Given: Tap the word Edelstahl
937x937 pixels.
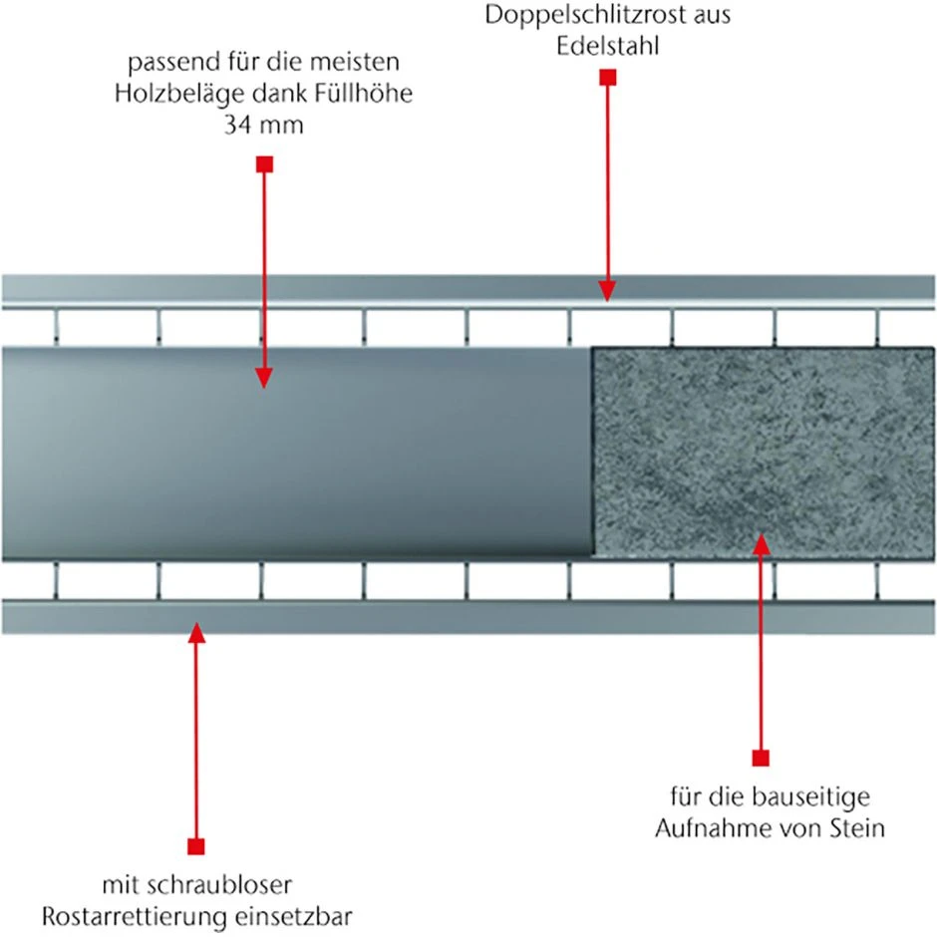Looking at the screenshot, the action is point(608,46).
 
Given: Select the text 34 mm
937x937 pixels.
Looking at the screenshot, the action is point(263,125).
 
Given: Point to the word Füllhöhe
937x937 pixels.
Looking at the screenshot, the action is point(365,94).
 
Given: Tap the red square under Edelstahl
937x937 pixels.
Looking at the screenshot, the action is point(608,77).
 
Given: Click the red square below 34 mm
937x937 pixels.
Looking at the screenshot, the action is point(264,164).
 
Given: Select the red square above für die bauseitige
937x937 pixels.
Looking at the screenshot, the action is point(761,758).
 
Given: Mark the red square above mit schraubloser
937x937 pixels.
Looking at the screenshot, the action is point(196,846).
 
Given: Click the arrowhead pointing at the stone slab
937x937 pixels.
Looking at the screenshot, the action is point(761,544).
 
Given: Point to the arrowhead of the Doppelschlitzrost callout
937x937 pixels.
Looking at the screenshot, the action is point(607,291).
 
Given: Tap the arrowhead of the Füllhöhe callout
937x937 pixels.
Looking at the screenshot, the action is point(264,378).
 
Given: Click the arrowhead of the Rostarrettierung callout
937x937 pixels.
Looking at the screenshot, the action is point(196,633).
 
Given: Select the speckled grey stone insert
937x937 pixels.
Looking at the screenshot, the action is point(764,453).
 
